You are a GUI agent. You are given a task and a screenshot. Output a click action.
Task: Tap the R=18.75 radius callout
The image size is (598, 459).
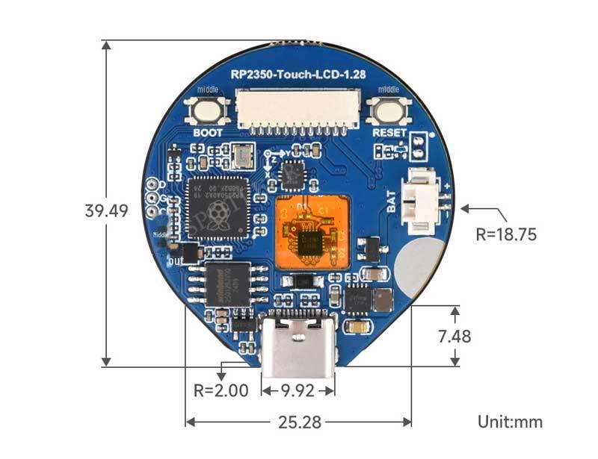coord(506,234)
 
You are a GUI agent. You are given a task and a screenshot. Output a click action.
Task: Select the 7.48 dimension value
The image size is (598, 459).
coord(454,337)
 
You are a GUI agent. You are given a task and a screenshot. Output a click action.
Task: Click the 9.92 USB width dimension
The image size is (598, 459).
coord(298,390)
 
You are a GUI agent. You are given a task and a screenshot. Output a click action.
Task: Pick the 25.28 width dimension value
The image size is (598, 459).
coord(298,422)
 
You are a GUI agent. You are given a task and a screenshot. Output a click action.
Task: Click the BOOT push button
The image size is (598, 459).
coord(207,112)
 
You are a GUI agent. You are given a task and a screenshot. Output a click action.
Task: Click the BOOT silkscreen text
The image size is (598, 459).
coord(208,134)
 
